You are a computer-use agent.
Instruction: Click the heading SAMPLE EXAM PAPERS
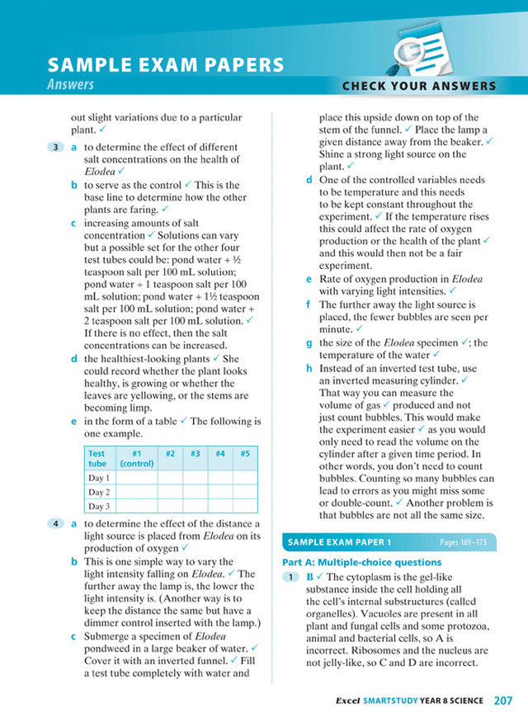(166, 66)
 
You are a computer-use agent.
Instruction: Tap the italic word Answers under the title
(71, 85)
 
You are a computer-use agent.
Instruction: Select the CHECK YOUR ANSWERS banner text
(419, 86)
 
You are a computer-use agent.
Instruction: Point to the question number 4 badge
(55, 524)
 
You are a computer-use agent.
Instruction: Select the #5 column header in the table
(245, 453)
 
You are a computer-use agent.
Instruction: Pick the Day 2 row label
(99, 493)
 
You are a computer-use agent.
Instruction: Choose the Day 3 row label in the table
(99, 507)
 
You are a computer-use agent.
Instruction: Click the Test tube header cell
(97, 458)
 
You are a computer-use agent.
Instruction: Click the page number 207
(503, 701)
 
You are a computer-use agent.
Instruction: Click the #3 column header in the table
(195, 453)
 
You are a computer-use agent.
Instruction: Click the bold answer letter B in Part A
(309, 578)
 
